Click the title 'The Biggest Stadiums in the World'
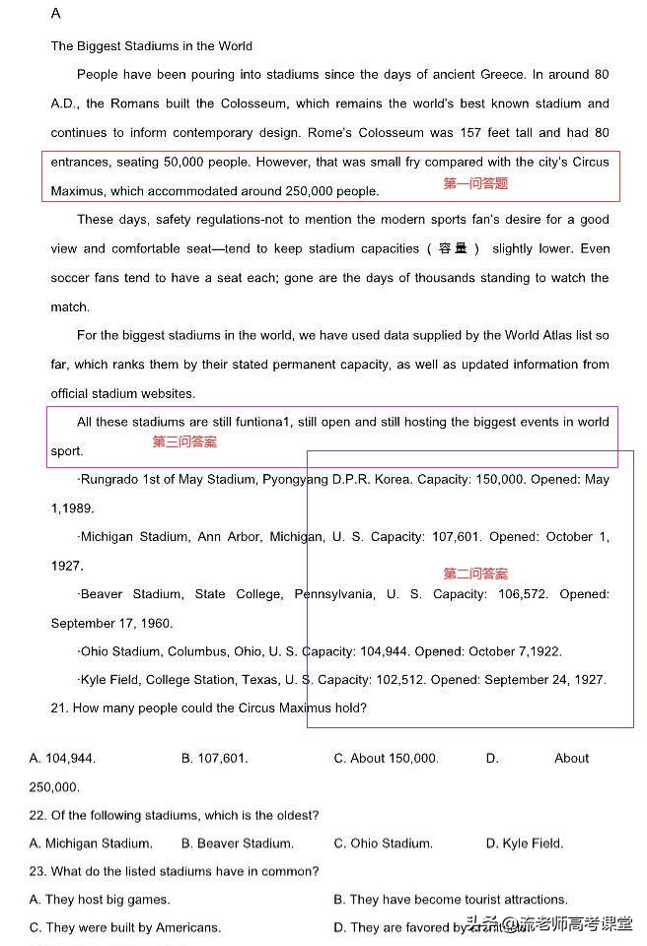151,46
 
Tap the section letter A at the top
55,14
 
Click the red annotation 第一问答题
475,183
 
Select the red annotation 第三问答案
184,442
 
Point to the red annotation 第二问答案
475,574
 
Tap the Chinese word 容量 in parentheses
452,249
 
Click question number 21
59,709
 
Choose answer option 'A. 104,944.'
62,759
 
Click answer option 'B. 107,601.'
214,759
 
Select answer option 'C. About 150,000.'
386,759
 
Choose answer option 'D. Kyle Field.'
524,844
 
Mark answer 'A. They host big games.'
99,900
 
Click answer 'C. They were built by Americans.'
124,928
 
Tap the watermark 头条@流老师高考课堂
549,924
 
